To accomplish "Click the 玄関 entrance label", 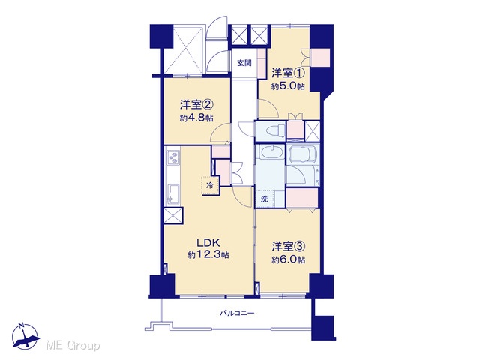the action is [244, 63].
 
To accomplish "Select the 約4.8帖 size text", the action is [196, 118].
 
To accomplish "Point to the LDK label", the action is [208, 243].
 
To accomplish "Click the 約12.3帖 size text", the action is [208, 255].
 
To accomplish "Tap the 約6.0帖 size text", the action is [288, 259].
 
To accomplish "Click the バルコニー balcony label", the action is [237, 313].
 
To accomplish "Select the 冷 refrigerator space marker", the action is [210, 185].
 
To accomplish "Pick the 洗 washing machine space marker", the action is [265, 199].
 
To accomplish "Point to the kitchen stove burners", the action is [173, 157].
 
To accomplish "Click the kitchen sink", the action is [172, 193].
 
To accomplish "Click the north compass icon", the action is [25, 337].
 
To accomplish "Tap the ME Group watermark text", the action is [73, 346].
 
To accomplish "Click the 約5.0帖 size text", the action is [288, 86].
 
